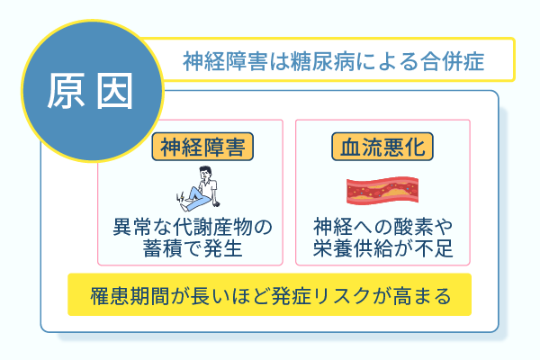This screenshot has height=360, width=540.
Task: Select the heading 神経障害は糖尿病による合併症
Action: tap(333, 61)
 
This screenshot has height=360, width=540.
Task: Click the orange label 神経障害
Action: tap(202, 146)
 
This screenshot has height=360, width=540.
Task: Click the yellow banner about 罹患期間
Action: tap(269, 294)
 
